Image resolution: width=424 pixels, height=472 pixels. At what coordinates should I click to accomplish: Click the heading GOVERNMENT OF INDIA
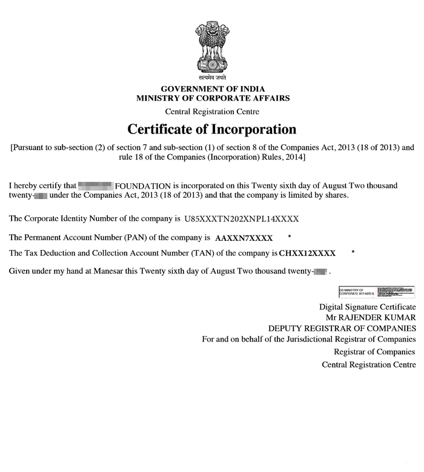[213, 89]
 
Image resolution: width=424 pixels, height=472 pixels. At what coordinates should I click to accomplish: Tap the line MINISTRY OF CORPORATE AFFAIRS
[213, 98]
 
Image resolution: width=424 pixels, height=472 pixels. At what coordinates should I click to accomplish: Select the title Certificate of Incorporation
[211, 129]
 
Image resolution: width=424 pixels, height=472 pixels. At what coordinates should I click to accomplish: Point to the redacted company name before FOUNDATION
[96, 184]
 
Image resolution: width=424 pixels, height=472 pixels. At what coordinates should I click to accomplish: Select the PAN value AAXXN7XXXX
[244, 237]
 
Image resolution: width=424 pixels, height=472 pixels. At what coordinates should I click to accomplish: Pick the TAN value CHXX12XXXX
[307, 252]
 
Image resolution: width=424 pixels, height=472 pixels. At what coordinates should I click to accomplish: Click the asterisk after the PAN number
[290, 236]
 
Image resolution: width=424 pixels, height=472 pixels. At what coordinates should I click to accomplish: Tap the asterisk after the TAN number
[353, 251]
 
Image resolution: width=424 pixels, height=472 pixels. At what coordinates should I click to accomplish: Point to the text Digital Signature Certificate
[368, 307]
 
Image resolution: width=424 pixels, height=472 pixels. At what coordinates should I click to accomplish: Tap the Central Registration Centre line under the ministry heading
[213, 112]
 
